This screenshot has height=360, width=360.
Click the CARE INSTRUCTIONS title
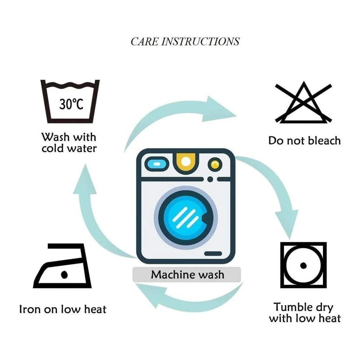coord(185,42)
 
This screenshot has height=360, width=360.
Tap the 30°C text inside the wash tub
coord(71,104)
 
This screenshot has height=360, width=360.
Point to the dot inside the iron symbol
coord(65,275)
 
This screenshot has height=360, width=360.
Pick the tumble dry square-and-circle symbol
coord(303,265)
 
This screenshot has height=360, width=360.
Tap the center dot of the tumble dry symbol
coord(303,265)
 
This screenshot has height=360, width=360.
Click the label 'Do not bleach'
coord(304,141)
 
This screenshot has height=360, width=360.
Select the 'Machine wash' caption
coord(187,275)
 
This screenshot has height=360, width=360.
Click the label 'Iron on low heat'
coord(63,309)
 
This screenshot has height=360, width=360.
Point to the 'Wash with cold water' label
coord(69,143)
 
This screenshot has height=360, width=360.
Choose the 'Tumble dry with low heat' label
coord(304,313)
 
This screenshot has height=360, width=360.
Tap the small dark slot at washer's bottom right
coord(213,254)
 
